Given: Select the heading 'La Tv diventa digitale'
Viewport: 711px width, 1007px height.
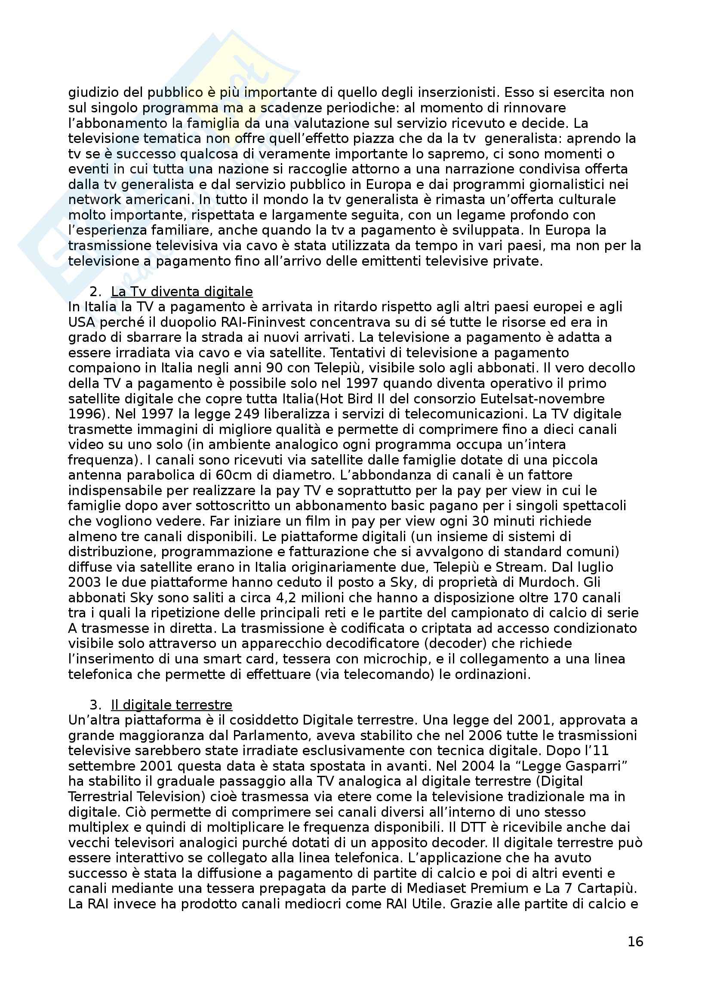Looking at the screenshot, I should [182, 291].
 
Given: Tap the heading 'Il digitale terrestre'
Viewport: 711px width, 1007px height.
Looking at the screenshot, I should [171, 705].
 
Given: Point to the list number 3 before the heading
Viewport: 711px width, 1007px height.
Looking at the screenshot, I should [95, 705].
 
